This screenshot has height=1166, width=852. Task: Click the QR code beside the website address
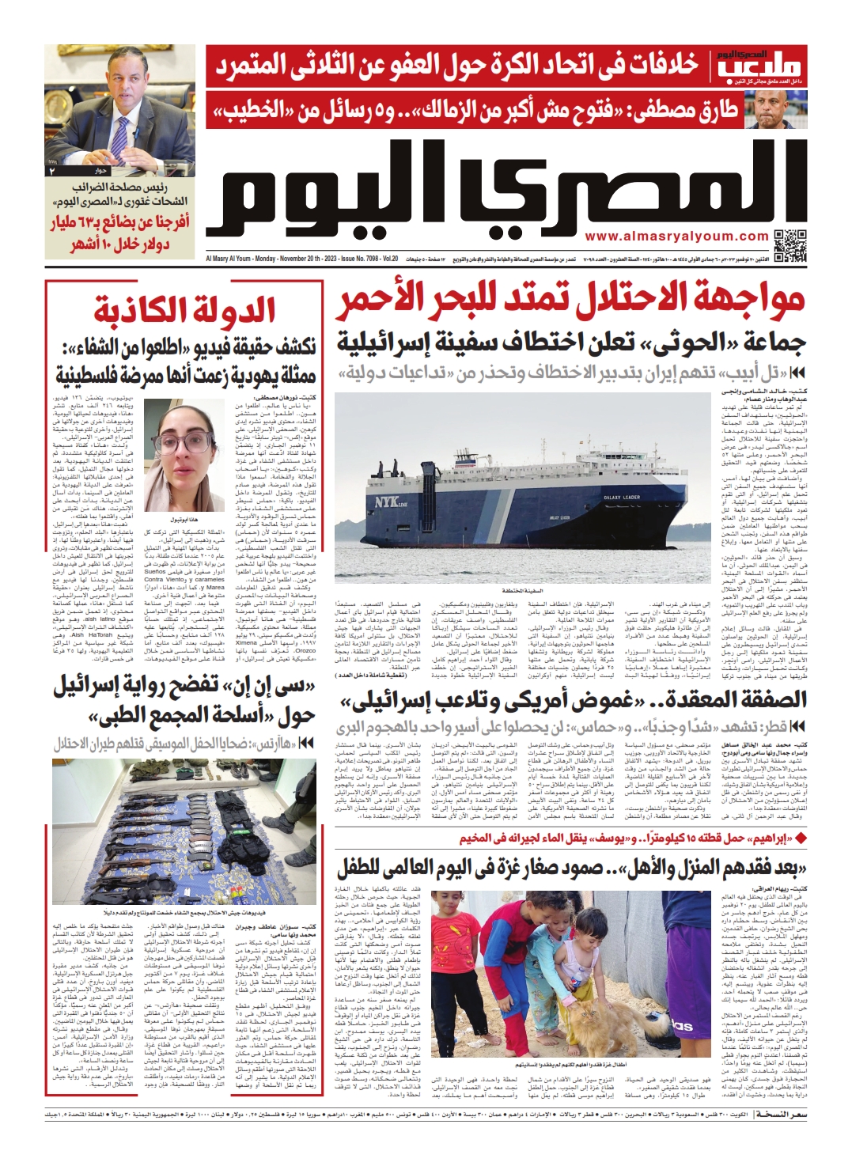(x=789, y=245)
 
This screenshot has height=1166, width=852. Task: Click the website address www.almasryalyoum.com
(x=676, y=236)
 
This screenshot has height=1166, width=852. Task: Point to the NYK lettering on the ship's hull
(x=387, y=501)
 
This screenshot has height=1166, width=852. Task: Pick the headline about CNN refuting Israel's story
(x=184, y=701)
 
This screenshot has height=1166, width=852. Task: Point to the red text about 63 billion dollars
(x=121, y=233)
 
